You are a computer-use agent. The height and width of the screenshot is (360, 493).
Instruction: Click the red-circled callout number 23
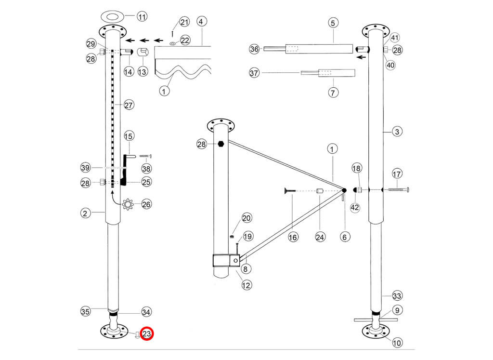pyautogui.click(x=147, y=333)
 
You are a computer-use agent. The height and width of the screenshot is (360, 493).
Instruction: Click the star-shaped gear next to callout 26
pyautogui.click(x=128, y=204)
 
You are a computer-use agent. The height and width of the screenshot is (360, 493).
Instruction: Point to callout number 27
pyautogui.click(x=129, y=105)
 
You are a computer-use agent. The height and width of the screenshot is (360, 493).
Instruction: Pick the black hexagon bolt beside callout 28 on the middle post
pyautogui.click(x=221, y=144)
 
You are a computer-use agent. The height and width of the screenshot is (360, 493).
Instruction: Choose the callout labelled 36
pyautogui.click(x=255, y=49)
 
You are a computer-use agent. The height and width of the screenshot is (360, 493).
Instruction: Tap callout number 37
pyautogui.click(x=255, y=73)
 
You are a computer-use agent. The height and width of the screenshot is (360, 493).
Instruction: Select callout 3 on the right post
pyautogui.click(x=397, y=131)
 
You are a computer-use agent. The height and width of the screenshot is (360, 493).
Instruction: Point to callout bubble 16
pyautogui.click(x=293, y=237)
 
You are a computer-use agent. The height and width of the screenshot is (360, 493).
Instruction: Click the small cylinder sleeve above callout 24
pyautogui.click(x=318, y=191)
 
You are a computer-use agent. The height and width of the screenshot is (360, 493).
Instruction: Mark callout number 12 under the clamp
pyautogui.click(x=246, y=285)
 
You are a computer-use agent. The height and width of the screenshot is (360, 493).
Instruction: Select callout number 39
pyautogui.click(x=86, y=167)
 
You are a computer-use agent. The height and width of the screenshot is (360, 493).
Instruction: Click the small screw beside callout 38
pyautogui.click(x=146, y=156)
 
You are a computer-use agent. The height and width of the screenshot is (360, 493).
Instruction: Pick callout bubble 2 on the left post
pyautogui.click(x=85, y=213)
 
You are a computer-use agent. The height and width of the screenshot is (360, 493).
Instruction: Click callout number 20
pyautogui.click(x=246, y=218)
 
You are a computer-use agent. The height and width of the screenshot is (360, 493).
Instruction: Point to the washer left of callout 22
pyautogui.click(x=172, y=43)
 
